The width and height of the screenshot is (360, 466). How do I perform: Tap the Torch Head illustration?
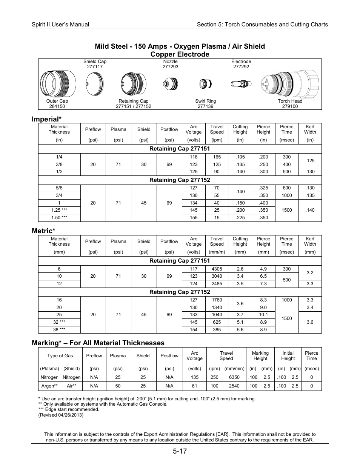289,83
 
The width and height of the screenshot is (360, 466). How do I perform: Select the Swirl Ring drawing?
205,83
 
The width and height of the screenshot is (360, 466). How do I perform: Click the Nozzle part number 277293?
170,67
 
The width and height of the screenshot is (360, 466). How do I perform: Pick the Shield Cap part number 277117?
95,67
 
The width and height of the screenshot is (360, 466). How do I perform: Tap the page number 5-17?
180,451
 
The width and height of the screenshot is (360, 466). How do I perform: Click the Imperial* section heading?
46,119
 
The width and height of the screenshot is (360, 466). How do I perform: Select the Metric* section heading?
43,231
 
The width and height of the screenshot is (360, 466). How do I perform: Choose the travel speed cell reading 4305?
217,269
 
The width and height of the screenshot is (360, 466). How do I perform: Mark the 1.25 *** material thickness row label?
59,210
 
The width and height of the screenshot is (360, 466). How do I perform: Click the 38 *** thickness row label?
59,330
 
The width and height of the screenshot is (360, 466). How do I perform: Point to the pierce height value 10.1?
263,315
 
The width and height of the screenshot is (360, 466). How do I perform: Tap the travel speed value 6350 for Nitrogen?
234,377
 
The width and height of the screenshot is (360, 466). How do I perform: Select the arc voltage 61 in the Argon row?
194,386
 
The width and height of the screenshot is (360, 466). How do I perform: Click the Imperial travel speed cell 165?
217,157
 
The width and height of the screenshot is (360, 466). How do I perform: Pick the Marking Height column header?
260,356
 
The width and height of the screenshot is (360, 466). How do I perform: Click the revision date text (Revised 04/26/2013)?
61,415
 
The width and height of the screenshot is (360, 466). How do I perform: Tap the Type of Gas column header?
60,356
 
